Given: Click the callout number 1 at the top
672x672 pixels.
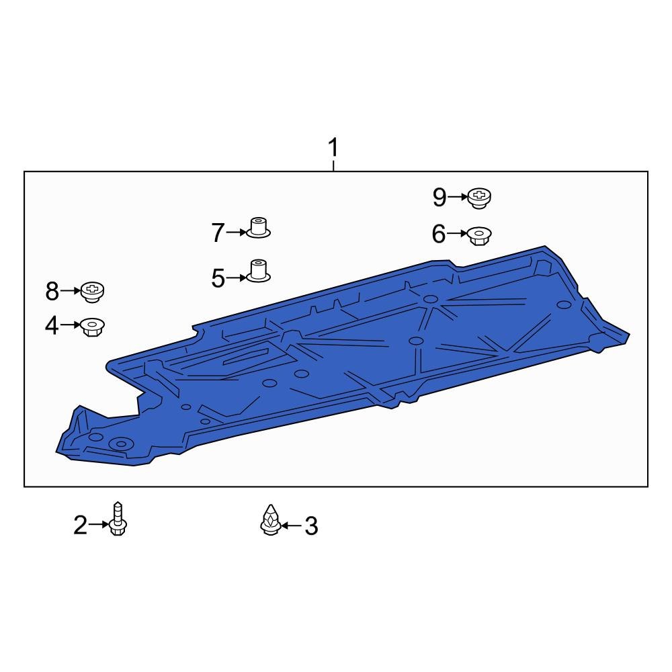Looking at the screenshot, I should point(333,147).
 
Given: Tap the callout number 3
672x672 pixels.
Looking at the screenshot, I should point(310,526).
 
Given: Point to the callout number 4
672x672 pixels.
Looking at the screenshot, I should point(52,326).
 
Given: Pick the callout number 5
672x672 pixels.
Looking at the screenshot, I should point(218,278).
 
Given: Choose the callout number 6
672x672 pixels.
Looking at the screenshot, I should point(439,234).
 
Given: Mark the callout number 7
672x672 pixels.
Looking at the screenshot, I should point(218,233).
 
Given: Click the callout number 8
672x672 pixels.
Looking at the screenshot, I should point(52,291).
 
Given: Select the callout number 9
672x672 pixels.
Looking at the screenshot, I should point(439,197).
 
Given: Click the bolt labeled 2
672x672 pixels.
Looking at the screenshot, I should point(118,519).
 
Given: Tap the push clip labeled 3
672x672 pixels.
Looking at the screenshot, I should point(269,520).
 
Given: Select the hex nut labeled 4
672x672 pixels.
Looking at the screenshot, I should point(92,327).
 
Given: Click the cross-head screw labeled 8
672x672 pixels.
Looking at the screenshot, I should point(93,291).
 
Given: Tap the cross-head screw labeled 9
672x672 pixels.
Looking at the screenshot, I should point(479,196).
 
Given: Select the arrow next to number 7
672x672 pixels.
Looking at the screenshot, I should point(237,233).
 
